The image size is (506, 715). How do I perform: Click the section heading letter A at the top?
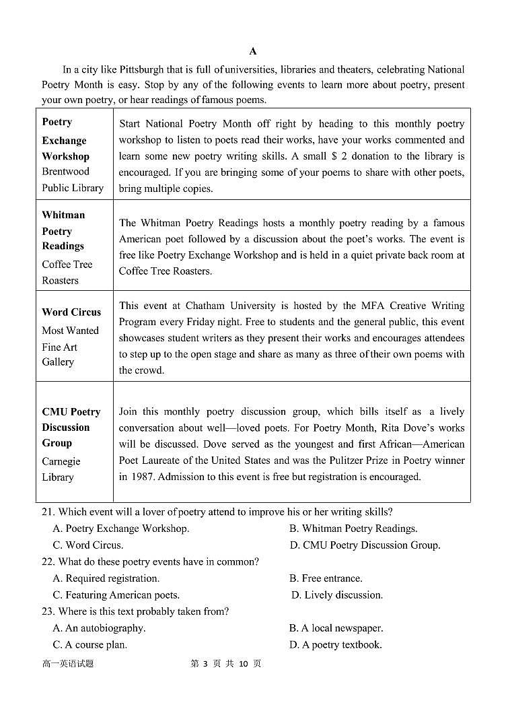coord(252,51)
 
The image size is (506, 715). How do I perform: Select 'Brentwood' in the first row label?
coord(65,172)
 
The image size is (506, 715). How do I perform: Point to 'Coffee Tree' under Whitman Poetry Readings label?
coord(67,265)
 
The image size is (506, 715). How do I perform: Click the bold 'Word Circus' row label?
coord(71,312)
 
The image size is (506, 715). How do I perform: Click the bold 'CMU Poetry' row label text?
coord(71,412)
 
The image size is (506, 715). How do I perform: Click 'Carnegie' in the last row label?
coord(61,461)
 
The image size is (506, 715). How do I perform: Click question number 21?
coord(47,512)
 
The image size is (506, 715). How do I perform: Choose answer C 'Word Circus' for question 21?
coord(88,545)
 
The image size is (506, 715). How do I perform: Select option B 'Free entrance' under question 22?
coord(326,578)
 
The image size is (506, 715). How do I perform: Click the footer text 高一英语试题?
coord(68,664)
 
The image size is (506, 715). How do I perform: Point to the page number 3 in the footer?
coord(204,664)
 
